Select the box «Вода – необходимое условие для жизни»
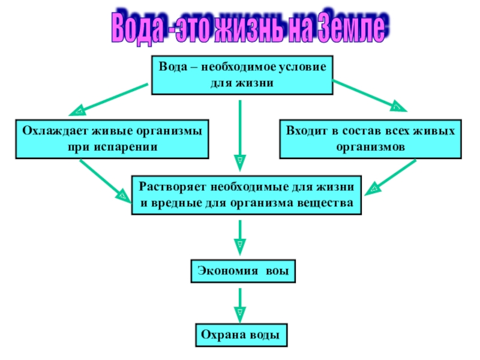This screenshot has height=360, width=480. pos(242,75)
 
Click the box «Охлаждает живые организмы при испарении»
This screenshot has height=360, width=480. pos(112,139)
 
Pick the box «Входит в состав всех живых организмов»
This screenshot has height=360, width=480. pos(370,139)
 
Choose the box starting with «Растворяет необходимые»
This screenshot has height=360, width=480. pos(247,195)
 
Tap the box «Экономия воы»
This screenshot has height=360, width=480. pos(244,271)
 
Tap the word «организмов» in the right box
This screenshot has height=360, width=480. pos(371,146)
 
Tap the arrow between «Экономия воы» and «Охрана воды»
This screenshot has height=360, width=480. pos(240,304)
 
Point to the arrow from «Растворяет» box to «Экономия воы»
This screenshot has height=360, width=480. pos(240,238)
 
